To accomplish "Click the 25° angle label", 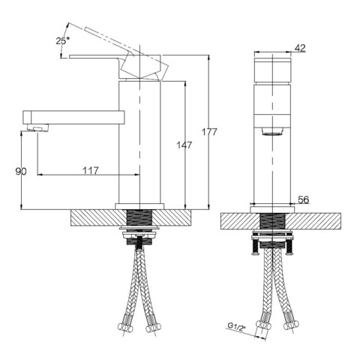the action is pyautogui.click(x=62, y=40).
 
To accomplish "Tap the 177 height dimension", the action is pyautogui.click(x=209, y=132).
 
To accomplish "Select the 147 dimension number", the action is pyautogui.click(x=184, y=145).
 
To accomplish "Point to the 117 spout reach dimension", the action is pyautogui.click(x=91, y=170).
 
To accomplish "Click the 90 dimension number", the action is pyautogui.click(x=21, y=172).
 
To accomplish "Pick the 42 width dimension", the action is pyautogui.click(x=300, y=48).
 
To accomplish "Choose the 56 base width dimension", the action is pyautogui.click(x=304, y=199).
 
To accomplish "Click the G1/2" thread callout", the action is pyautogui.click(x=235, y=327).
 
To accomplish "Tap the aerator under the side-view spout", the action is pyautogui.click(x=37, y=128).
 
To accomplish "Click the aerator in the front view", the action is pyautogui.click(x=272, y=131).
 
